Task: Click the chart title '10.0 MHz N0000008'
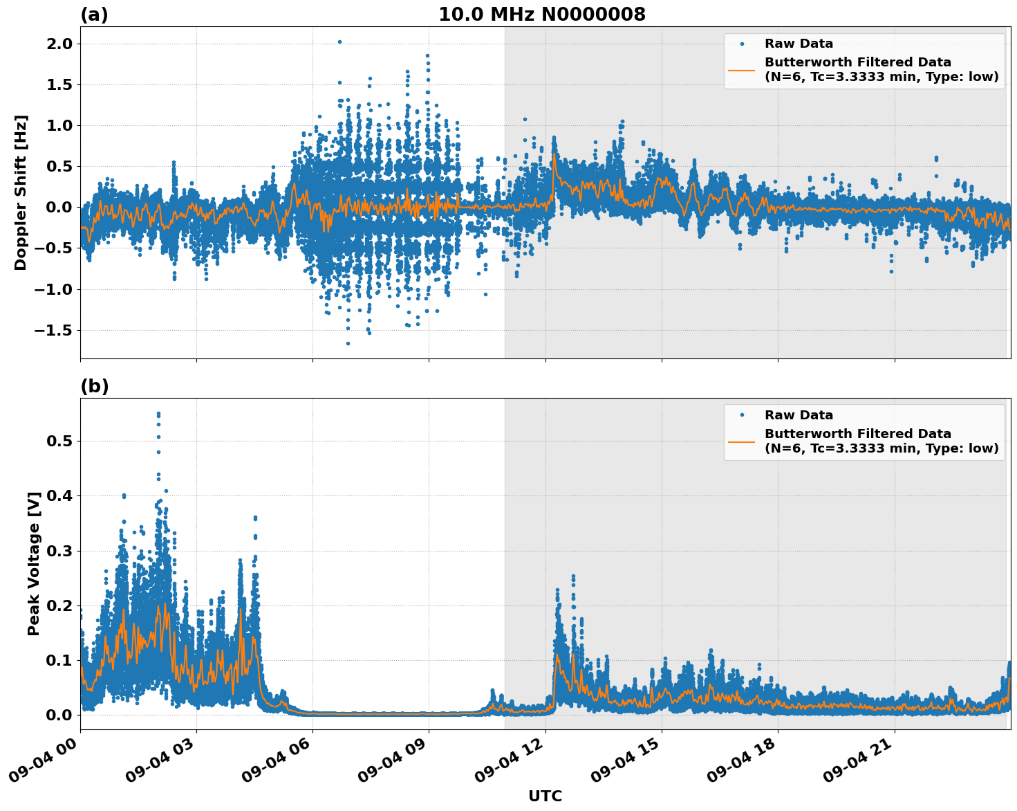click(x=541, y=15)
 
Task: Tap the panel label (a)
click(x=94, y=15)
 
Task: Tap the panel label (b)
click(x=94, y=386)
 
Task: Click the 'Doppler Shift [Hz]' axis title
click(x=21, y=192)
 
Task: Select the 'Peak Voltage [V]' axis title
click(x=33, y=563)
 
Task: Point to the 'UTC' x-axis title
click(x=545, y=796)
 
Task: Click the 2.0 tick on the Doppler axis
click(x=57, y=44)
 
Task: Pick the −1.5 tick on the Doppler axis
click(x=53, y=330)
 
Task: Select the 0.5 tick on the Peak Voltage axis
click(x=57, y=441)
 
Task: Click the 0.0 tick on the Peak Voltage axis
click(x=57, y=715)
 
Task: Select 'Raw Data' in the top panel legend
click(x=799, y=44)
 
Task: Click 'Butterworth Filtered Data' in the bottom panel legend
click(x=857, y=434)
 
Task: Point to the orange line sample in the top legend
click(x=742, y=69)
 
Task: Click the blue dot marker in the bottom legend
click(x=742, y=415)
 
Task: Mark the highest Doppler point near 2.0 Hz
click(x=339, y=42)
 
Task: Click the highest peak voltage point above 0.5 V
click(x=158, y=414)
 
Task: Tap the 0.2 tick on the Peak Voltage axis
click(x=57, y=605)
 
